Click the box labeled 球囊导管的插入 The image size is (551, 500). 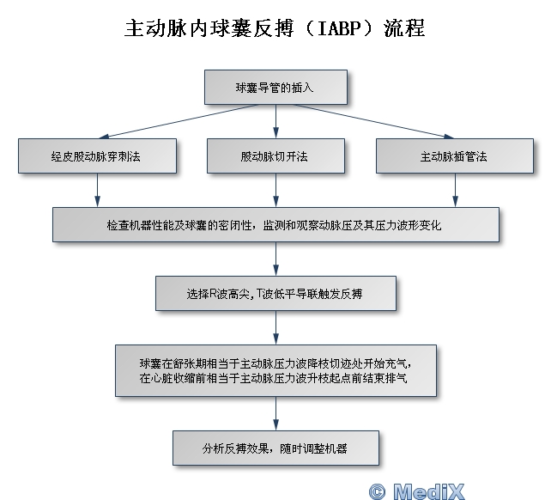(x=275, y=88)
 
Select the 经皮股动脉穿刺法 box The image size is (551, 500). (x=96, y=156)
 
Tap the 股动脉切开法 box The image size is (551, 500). (x=275, y=156)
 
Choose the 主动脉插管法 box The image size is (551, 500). (x=454, y=156)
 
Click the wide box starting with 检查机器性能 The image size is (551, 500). (x=275, y=224)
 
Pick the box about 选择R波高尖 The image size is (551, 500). (x=275, y=293)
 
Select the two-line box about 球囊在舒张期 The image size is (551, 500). (x=275, y=369)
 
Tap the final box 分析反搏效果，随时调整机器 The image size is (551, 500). (x=275, y=448)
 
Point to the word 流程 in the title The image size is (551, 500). (x=402, y=29)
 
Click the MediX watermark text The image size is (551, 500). (x=429, y=491)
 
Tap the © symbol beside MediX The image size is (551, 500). (x=377, y=491)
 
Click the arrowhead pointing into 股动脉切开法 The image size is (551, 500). (x=275, y=133)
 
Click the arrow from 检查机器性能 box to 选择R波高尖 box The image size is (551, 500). (x=275, y=259)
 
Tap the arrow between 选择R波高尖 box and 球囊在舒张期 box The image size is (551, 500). (x=275, y=327)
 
